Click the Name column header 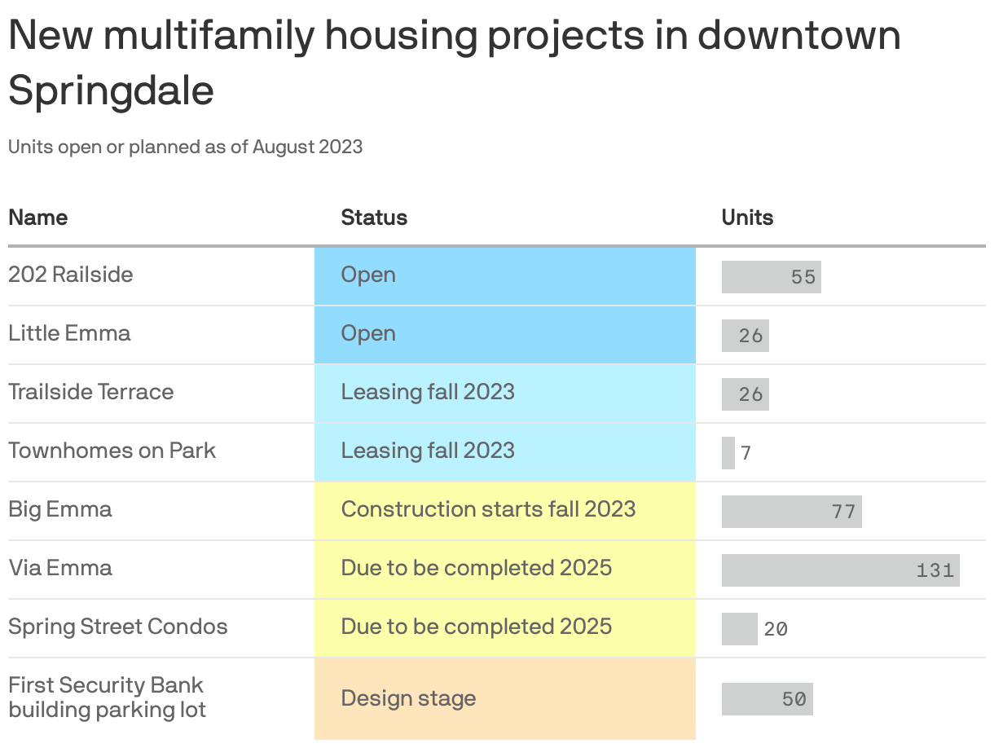37,218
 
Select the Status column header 374,218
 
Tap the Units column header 747,218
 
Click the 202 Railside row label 70,275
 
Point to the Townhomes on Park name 112,451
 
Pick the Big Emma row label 60,509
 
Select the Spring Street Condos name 117,627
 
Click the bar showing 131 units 839,570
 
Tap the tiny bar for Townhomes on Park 728,452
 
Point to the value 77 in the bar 843,512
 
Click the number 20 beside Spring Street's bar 776,629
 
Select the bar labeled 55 770,276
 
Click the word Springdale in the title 111,90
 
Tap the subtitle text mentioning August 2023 185,147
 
